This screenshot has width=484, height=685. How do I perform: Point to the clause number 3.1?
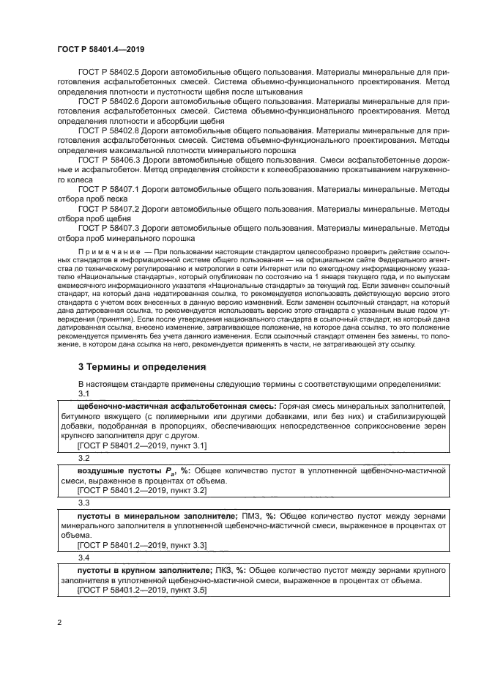(x=83, y=393)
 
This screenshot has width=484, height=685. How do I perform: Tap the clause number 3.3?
(x=83, y=503)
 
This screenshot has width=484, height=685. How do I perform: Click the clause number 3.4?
(x=83, y=558)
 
